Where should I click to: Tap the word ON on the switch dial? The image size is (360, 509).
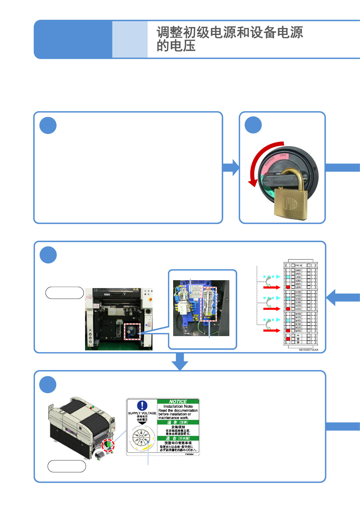[x=283, y=155]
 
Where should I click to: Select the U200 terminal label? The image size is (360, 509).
[x=298, y=287]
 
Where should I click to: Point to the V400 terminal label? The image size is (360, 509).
[x=298, y=299]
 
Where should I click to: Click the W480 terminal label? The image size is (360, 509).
[x=298, y=314]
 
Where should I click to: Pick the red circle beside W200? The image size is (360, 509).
[x=288, y=331]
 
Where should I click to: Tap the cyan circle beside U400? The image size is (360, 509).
[x=288, y=277]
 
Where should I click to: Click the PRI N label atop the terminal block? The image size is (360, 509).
[x=299, y=265]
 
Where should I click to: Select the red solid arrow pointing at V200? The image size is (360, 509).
[x=272, y=309]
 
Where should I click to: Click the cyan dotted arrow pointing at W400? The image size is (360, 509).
[x=272, y=320]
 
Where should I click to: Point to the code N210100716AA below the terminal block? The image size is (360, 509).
[x=308, y=350]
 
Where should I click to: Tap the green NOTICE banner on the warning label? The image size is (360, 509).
[x=178, y=401]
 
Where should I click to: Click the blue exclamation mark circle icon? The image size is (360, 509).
[x=142, y=405]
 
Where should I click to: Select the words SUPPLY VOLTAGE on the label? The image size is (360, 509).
[x=142, y=413]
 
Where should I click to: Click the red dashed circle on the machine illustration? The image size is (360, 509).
[x=108, y=445]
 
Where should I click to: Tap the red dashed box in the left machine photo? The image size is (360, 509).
[x=132, y=332]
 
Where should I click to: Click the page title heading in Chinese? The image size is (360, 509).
[x=229, y=39]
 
